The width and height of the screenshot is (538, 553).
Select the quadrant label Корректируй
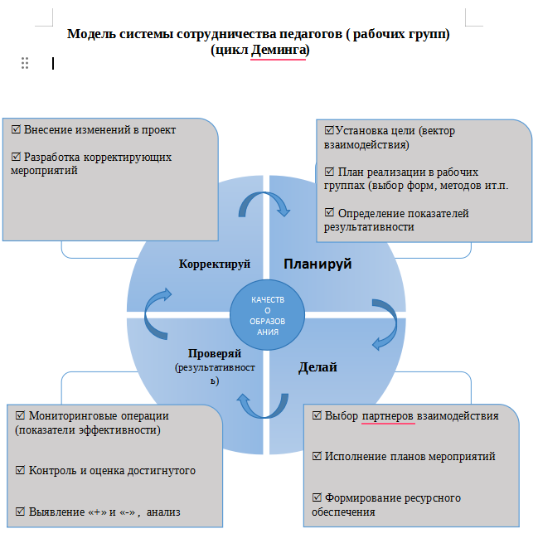click(x=215, y=264)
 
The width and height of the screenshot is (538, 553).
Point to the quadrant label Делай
click(x=317, y=366)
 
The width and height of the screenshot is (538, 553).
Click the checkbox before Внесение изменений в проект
click(x=17, y=130)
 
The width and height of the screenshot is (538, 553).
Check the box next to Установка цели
click(x=329, y=131)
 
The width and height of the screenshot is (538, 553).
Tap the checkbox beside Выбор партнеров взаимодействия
click(x=317, y=415)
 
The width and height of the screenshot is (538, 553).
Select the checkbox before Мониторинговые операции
click(x=21, y=415)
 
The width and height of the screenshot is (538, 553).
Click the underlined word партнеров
click(x=386, y=415)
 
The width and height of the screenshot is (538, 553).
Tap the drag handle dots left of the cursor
click(x=25, y=63)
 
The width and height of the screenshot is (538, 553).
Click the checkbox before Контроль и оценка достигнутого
click(x=21, y=470)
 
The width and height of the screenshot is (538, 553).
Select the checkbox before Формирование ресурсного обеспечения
click(x=317, y=497)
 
